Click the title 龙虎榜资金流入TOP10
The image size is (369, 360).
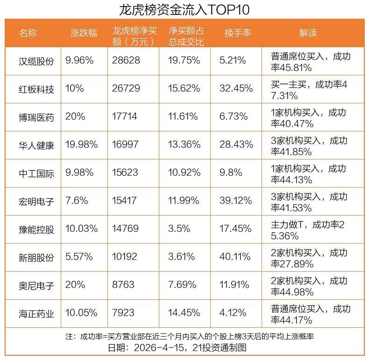tap(184, 9)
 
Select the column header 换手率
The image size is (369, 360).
tap(238, 33)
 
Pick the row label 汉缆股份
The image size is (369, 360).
tap(36, 61)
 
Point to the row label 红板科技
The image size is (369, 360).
tap(36, 89)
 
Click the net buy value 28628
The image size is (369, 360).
tap(126, 61)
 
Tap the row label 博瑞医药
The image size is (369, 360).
tap(36, 117)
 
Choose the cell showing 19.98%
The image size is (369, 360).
tap(82, 145)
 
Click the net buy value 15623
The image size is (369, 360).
tap(126, 173)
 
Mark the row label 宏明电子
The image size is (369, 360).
tap(36, 201)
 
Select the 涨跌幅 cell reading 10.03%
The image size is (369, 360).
tap(82, 229)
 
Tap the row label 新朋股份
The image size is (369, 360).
tap(36, 257)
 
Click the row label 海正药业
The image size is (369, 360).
tap(36, 313)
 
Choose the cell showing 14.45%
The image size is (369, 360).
tap(184, 313)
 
